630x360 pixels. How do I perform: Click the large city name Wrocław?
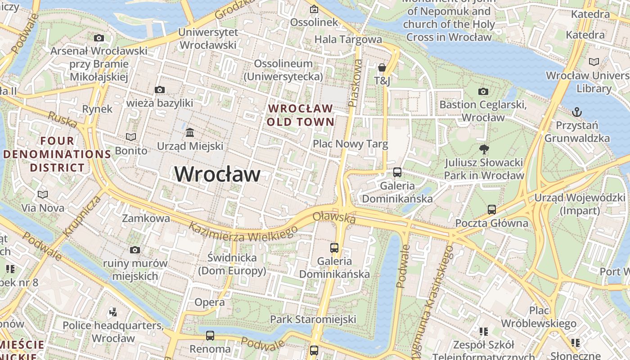[x=217, y=174]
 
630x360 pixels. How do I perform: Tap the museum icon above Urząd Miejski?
[x=190, y=133]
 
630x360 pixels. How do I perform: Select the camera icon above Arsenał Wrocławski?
[x=99, y=38]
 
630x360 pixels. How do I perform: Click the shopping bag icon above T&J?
[x=382, y=68]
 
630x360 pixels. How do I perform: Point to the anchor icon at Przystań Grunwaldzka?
[x=576, y=112]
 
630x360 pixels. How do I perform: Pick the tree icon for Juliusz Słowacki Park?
[x=484, y=149]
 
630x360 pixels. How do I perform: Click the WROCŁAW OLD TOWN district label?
[x=300, y=115]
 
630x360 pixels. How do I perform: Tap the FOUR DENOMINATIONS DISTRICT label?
[x=57, y=154]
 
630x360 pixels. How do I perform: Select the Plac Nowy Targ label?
[x=350, y=144]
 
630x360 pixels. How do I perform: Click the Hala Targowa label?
[x=348, y=39]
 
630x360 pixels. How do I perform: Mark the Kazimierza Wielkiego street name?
[x=243, y=233]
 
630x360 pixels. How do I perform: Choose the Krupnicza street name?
[x=82, y=216]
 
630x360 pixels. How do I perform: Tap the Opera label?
[x=210, y=302]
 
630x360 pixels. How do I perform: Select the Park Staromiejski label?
[x=313, y=319]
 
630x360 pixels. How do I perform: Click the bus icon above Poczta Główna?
[x=491, y=210]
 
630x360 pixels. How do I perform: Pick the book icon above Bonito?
[x=131, y=137]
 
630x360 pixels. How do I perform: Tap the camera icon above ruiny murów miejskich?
[x=135, y=250]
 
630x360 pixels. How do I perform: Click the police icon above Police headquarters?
[x=113, y=311]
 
